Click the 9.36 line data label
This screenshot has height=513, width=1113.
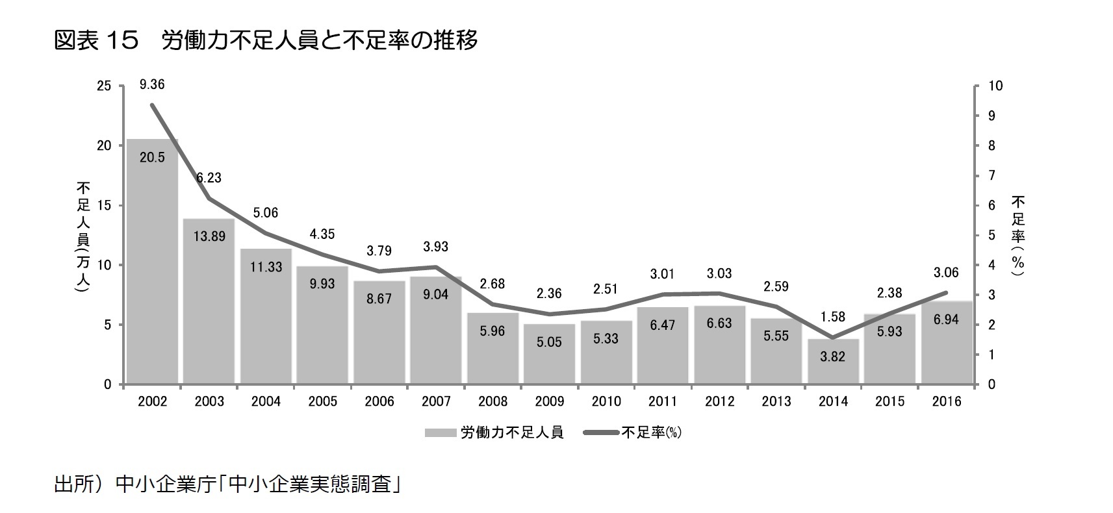click(x=152, y=84)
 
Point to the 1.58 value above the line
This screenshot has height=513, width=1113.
click(x=833, y=317)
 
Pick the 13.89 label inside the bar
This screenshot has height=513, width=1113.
click(x=209, y=236)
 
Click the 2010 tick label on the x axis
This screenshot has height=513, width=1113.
click(x=606, y=401)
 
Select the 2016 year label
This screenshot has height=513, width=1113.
click(x=946, y=401)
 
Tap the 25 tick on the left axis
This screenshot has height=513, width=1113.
click(x=104, y=86)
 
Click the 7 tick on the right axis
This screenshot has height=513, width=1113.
click(x=991, y=175)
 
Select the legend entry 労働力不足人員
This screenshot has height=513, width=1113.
click(x=494, y=432)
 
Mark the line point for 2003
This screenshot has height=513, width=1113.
click(x=209, y=199)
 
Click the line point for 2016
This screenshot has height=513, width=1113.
click(x=946, y=293)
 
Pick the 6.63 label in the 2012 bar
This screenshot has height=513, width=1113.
click(x=719, y=323)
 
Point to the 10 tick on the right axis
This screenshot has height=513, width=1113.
click(x=995, y=86)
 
